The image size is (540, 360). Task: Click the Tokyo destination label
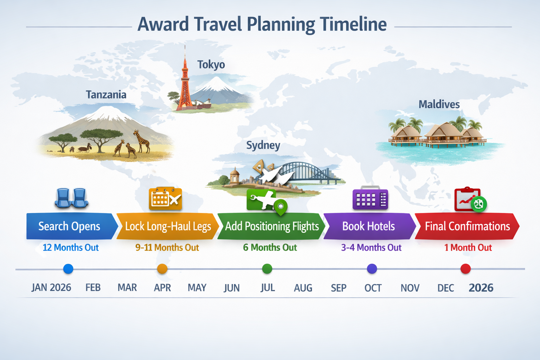pyautogui.click(x=211, y=65)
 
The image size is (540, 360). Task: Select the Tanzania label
pyautogui.click(x=106, y=95)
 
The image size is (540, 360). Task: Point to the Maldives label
pyautogui.click(x=439, y=104)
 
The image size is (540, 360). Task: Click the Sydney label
pyautogui.click(x=263, y=146)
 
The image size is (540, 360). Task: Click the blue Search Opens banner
pyautogui.click(x=70, y=226)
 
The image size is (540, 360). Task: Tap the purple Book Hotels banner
pyautogui.click(x=369, y=226)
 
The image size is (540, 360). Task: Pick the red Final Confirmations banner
pyautogui.click(x=467, y=226)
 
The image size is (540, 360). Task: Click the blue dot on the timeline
pyautogui.click(x=68, y=269)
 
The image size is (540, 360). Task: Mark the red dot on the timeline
pyautogui.click(x=465, y=269)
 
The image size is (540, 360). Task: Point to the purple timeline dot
pyautogui.click(x=372, y=269)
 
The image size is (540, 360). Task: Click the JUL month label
pyautogui.click(x=268, y=288)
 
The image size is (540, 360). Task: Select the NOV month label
pyautogui.click(x=410, y=288)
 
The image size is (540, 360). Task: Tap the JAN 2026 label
pyautogui.click(x=51, y=288)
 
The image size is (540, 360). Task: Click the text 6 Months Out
pyautogui.click(x=270, y=248)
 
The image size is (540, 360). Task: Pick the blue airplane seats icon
pyautogui.click(x=71, y=198)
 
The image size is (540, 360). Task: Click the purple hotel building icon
pyautogui.click(x=370, y=199)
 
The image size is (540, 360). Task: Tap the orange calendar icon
pyautogui.click(x=165, y=199)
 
